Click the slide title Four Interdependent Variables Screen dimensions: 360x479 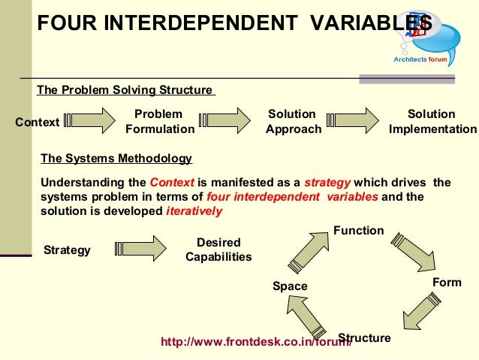coord(225,23)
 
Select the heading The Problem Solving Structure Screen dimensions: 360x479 coord(125,90)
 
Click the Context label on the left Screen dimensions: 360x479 coord(37,122)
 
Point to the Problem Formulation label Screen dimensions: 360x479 coord(159,122)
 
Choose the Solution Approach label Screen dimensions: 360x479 coord(293,122)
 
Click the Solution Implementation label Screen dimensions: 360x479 coord(432,122)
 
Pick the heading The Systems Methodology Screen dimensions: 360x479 coord(116,159)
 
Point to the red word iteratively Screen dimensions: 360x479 coord(194,211)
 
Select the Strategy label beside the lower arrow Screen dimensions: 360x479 coord(67,250)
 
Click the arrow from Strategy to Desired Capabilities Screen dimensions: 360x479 coord(140,249)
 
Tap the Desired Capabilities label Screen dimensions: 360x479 coord(218,250)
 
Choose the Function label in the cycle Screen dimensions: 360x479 coord(358,231)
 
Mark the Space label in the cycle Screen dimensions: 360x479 coord(290,286)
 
